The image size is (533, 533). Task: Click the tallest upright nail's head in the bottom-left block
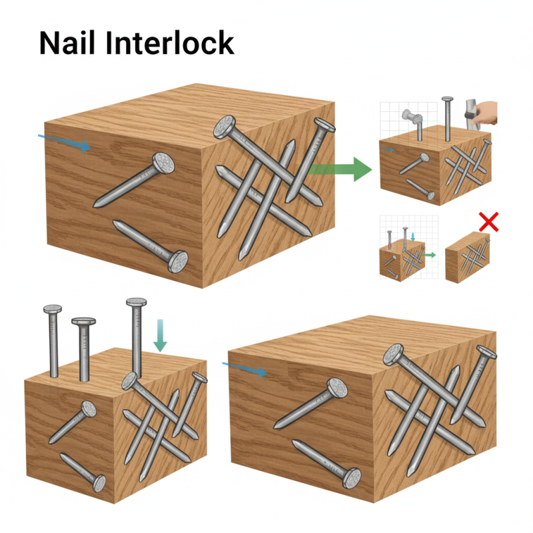click(x=136, y=302)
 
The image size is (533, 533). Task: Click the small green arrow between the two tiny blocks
click(x=430, y=255)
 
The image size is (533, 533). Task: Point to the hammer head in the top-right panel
click(x=467, y=107)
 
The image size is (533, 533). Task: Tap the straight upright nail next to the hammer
click(x=448, y=117)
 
